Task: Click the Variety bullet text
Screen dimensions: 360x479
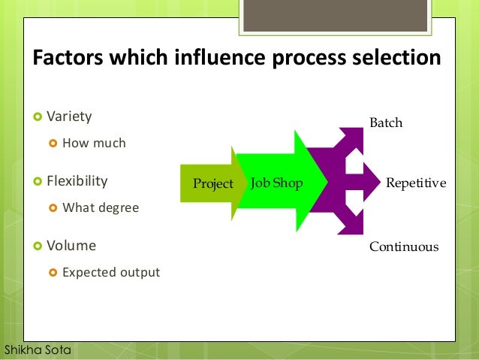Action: coord(69,116)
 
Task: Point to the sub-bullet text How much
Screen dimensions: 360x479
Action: coord(94,143)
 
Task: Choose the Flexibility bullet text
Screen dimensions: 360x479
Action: coord(77,181)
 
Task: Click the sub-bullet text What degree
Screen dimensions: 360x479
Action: coord(101,207)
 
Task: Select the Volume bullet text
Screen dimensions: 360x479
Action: coord(71,245)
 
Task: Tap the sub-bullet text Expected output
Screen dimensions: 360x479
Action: coord(110,272)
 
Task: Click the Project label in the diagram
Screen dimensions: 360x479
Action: coord(213,183)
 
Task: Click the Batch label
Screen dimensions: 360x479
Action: coord(386,123)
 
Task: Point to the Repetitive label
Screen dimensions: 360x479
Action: coord(415,183)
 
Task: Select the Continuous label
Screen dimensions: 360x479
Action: coord(403,247)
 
